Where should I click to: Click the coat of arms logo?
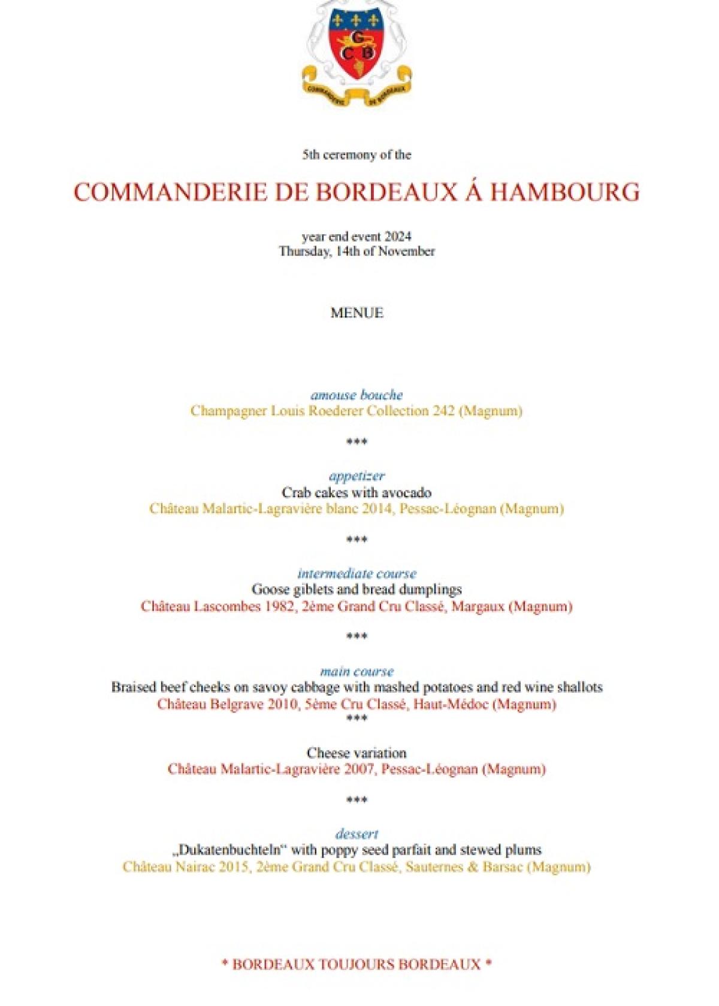(357, 51)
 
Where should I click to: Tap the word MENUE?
(357, 313)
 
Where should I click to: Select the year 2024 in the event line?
(398, 237)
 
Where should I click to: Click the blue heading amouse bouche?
(357, 395)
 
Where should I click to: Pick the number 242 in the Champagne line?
(443, 411)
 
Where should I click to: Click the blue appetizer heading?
(357, 476)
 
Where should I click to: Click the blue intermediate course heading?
(357, 574)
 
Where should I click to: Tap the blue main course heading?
(357, 671)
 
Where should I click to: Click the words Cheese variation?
(357, 753)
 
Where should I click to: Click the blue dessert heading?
(357, 834)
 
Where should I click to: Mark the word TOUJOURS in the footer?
(357, 965)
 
